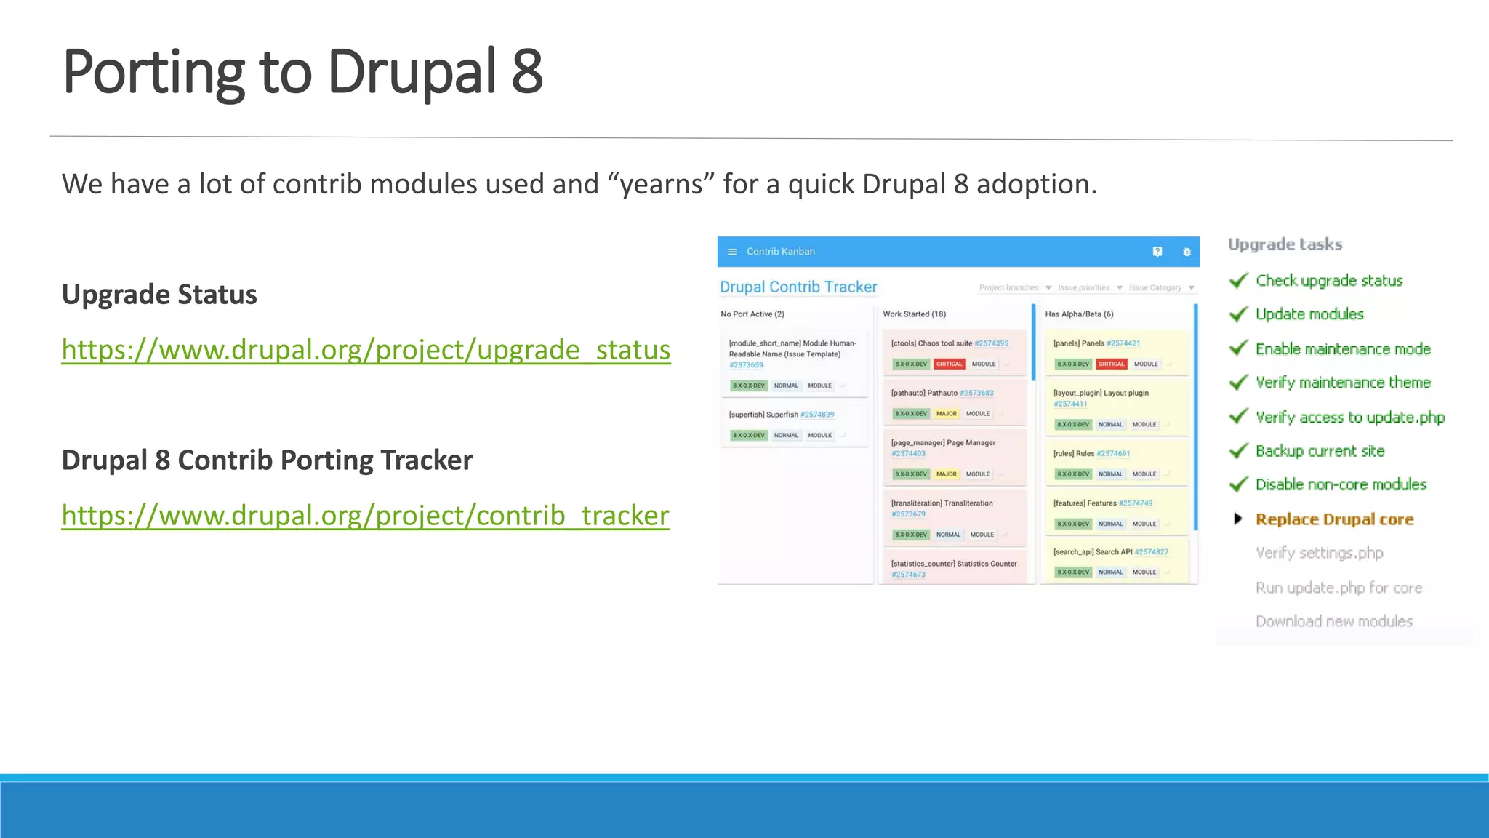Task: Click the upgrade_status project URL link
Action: coord(366,350)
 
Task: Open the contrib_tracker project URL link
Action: coord(365,516)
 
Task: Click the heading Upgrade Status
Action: coord(159,295)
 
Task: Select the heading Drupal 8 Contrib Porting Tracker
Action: coord(267,460)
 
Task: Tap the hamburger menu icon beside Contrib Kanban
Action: coord(732,252)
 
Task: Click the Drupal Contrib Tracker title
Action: coord(798,287)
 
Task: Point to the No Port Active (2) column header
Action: coord(752,314)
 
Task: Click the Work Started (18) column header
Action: coord(914,314)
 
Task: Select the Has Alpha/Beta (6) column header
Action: coord(1079,314)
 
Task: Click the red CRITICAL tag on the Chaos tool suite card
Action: coord(949,364)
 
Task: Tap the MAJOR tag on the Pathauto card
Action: coord(946,413)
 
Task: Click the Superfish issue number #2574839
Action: coord(817,415)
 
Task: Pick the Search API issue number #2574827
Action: coord(1151,552)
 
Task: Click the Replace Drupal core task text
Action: coord(1334,519)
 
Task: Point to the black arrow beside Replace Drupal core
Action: coord(1238,519)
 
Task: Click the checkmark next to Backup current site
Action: coord(1238,451)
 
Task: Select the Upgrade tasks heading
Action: coord(1285,244)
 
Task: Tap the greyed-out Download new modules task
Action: coord(1333,621)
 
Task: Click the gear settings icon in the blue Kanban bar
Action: coord(1187,252)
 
